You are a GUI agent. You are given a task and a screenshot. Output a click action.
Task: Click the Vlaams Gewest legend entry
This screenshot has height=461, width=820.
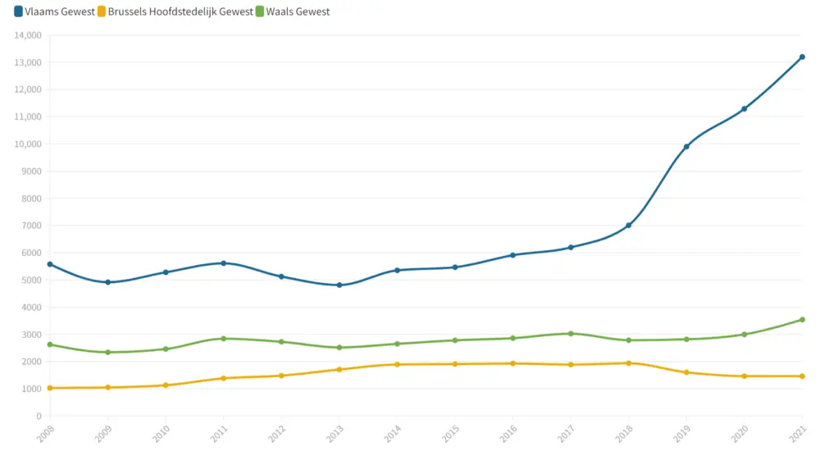click(54, 11)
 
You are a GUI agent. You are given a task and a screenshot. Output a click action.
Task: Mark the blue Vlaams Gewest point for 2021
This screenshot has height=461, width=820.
click(802, 57)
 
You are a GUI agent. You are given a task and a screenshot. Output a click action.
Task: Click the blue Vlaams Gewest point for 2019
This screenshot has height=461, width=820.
click(686, 147)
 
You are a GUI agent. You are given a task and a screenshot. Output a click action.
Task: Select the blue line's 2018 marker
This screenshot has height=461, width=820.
click(628, 226)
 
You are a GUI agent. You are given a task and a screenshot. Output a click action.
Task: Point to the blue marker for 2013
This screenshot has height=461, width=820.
click(339, 285)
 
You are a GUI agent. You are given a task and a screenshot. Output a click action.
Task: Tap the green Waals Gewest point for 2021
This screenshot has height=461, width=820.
click(802, 320)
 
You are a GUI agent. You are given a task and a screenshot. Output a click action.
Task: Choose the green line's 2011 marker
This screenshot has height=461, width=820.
click(223, 338)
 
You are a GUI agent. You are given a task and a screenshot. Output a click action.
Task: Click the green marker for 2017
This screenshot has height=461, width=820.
click(571, 333)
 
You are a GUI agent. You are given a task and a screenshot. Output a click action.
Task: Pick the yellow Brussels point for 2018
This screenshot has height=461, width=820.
click(628, 363)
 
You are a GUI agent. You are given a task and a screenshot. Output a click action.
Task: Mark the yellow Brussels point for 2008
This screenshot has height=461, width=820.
click(50, 388)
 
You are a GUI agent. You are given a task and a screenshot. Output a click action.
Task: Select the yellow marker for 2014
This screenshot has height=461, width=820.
click(397, 364)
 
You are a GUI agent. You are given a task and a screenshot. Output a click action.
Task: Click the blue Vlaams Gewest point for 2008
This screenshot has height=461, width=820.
click(50, 264)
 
